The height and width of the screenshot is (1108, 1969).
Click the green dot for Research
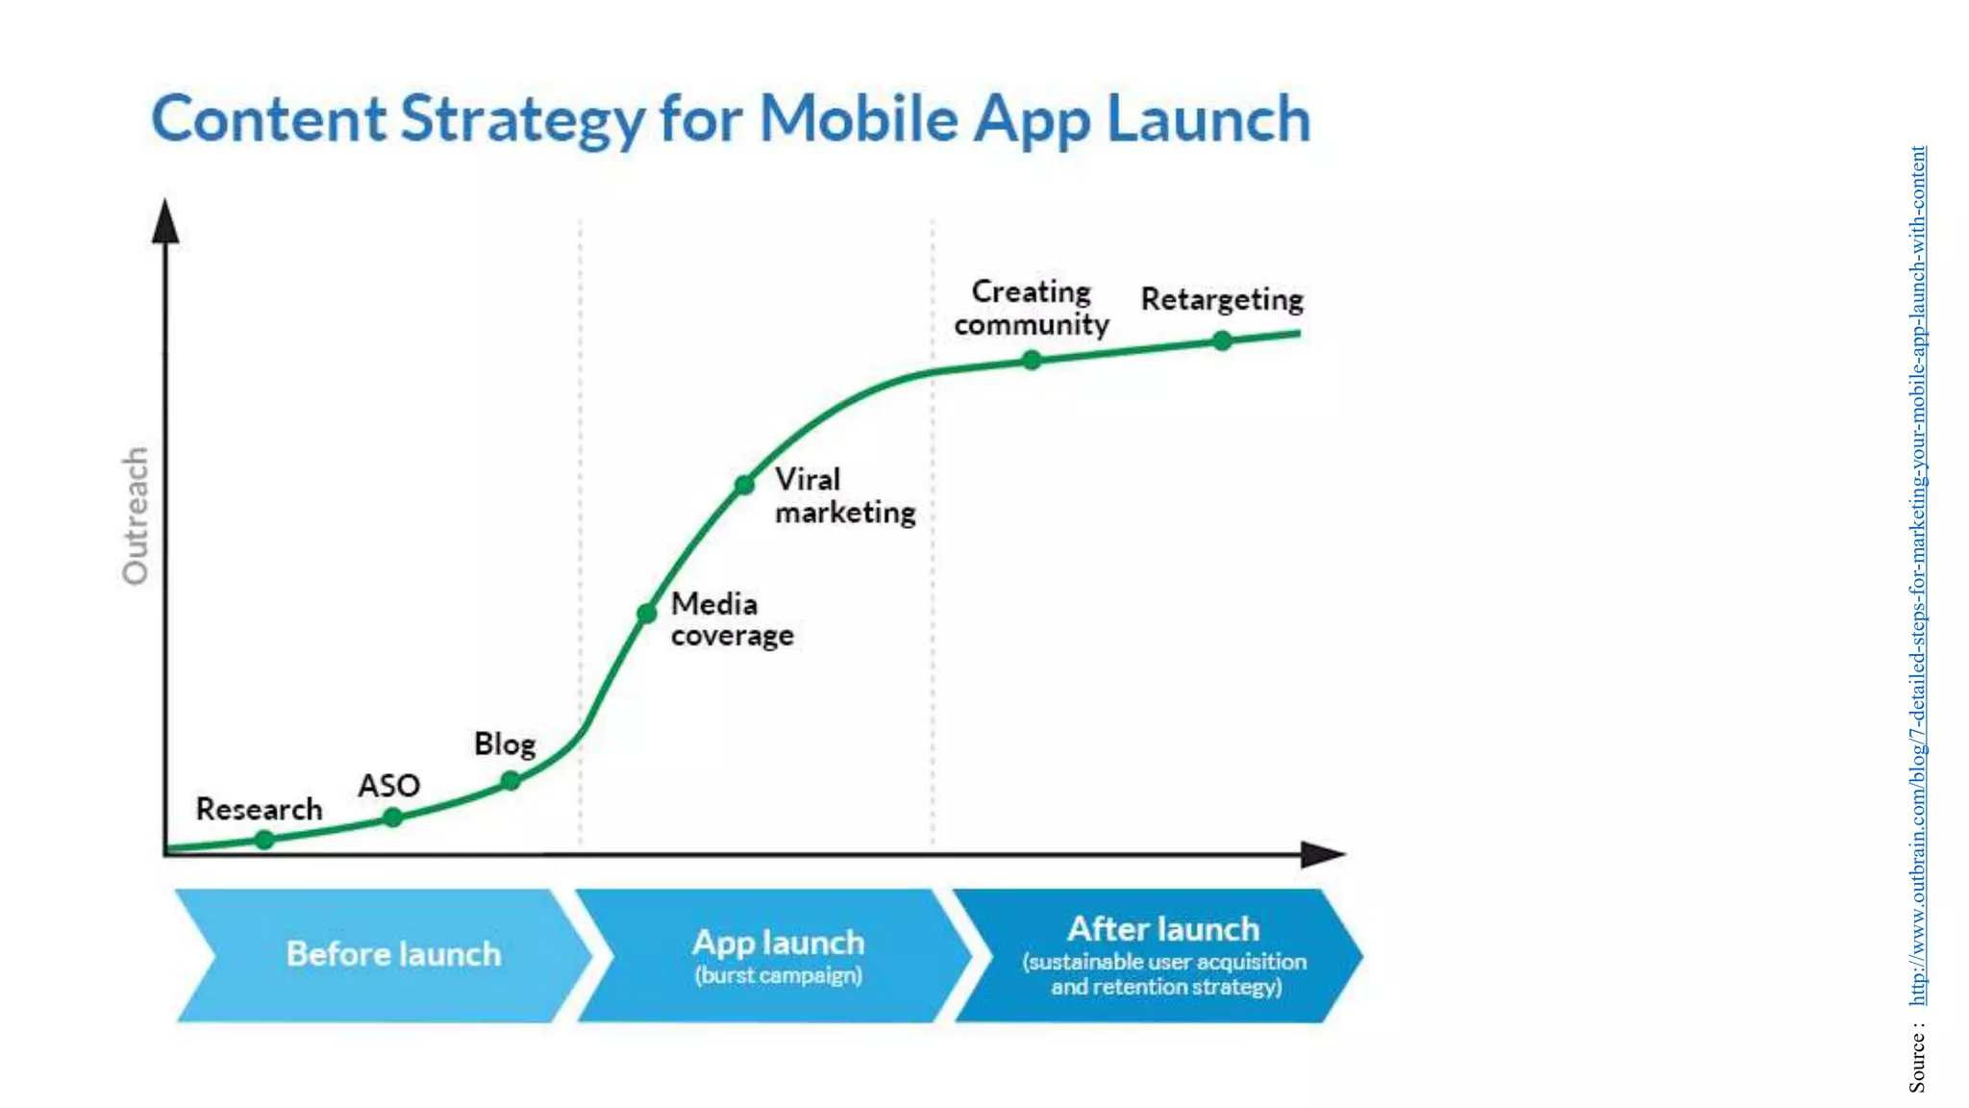(264, 840)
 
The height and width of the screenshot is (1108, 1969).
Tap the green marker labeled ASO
(392, 818)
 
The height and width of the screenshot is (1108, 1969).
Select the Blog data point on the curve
(511, 781)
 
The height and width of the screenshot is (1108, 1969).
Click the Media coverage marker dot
(647, 613)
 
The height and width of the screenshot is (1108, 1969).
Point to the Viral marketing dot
(744, 485)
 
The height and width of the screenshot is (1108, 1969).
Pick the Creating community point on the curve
(1032, 361)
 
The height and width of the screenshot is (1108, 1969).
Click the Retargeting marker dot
(1222, 340)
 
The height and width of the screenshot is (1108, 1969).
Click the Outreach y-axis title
(136, 516)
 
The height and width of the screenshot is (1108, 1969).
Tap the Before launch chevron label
(393, 954)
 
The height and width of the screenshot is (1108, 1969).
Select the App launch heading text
(778, 943)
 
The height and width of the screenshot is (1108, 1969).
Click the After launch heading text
(1163, 929)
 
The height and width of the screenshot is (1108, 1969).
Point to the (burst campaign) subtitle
(778, 975)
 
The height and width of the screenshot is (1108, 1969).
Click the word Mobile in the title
(859, 119)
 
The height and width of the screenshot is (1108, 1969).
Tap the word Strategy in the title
(522, 119)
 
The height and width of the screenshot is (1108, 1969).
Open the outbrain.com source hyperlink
(1918, 577)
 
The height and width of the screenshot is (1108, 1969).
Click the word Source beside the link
(1918, 1063)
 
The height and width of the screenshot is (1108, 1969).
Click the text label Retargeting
(1222, 299)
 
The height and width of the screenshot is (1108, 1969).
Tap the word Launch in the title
(1209, 119)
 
